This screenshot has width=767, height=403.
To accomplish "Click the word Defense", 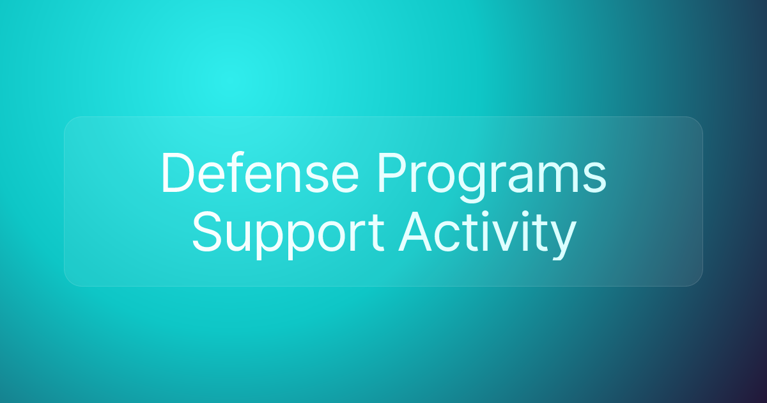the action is (260, 172).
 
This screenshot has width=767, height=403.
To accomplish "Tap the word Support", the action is (288, 235).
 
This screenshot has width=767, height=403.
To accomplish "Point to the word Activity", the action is (487, 235).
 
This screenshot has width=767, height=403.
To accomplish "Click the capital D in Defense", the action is (178, 172).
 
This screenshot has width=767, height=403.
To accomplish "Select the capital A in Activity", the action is (415, 232).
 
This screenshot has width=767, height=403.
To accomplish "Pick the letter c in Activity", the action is (447, 237).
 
